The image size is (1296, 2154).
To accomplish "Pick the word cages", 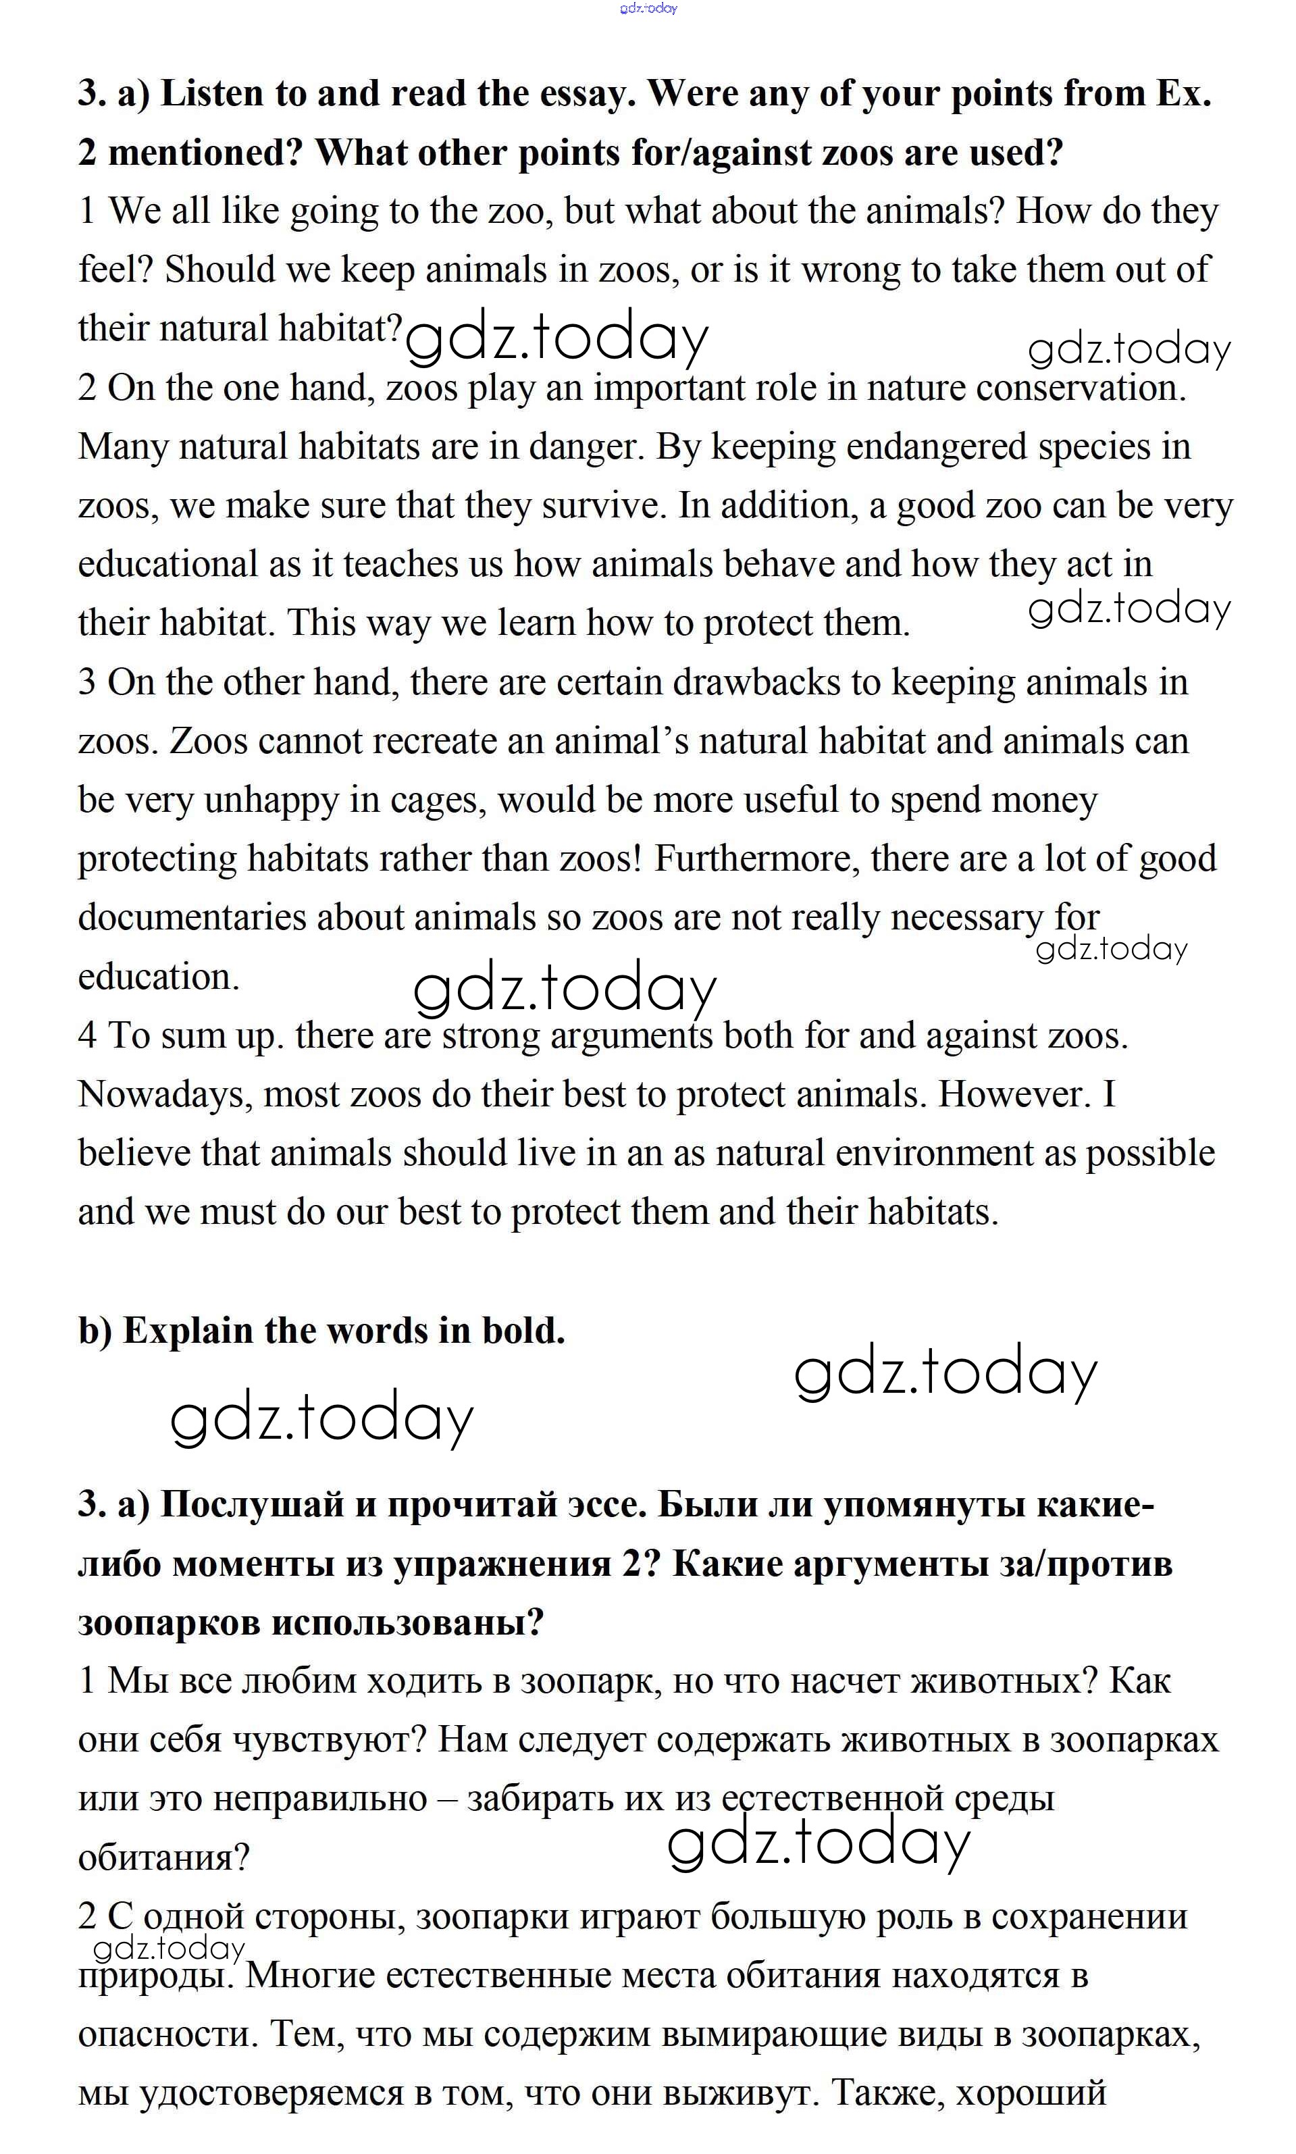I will coord(444,801).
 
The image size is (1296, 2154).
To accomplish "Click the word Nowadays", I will coord(165,1094).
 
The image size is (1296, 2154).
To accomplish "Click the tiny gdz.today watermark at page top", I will coord(648,8).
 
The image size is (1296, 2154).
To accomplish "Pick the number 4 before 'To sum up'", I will coord(87,1036).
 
